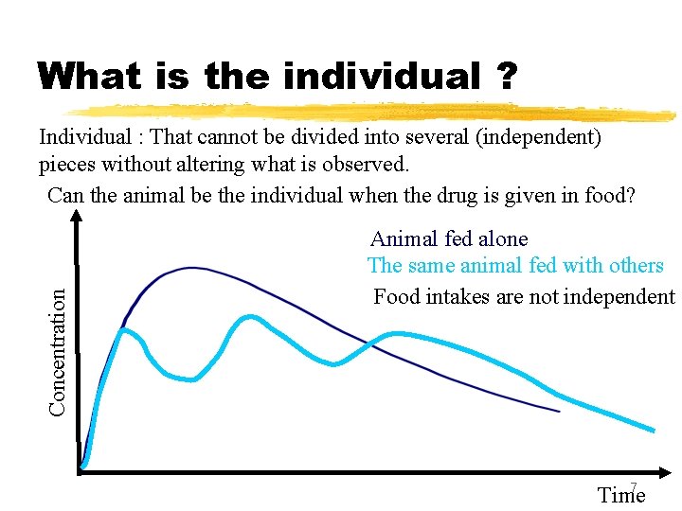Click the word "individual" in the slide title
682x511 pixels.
pos(383,76)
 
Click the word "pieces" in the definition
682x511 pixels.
pos(69,165)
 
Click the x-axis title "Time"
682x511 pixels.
pos(621,495)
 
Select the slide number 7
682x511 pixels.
pos(634,488)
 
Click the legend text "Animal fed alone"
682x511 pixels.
pos(449,239)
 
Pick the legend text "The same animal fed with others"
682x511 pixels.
pos(515,266)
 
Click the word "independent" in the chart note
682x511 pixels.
pos(621,297)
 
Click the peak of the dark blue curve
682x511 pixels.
pos(192,268)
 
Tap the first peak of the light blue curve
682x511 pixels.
pos(123,329)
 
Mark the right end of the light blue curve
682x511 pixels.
pos(653,431)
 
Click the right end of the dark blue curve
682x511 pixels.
pos(559,412)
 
